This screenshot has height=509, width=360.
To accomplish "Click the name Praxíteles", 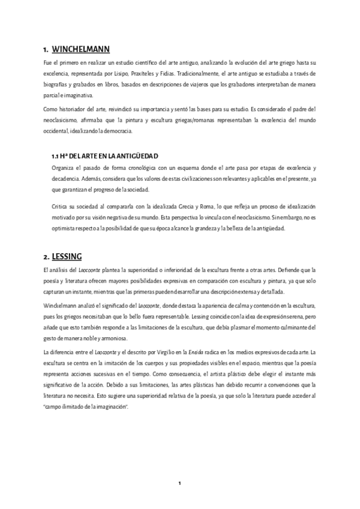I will click(x=149, y=73).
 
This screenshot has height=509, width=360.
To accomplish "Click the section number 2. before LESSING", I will click(x=40, y=255).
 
